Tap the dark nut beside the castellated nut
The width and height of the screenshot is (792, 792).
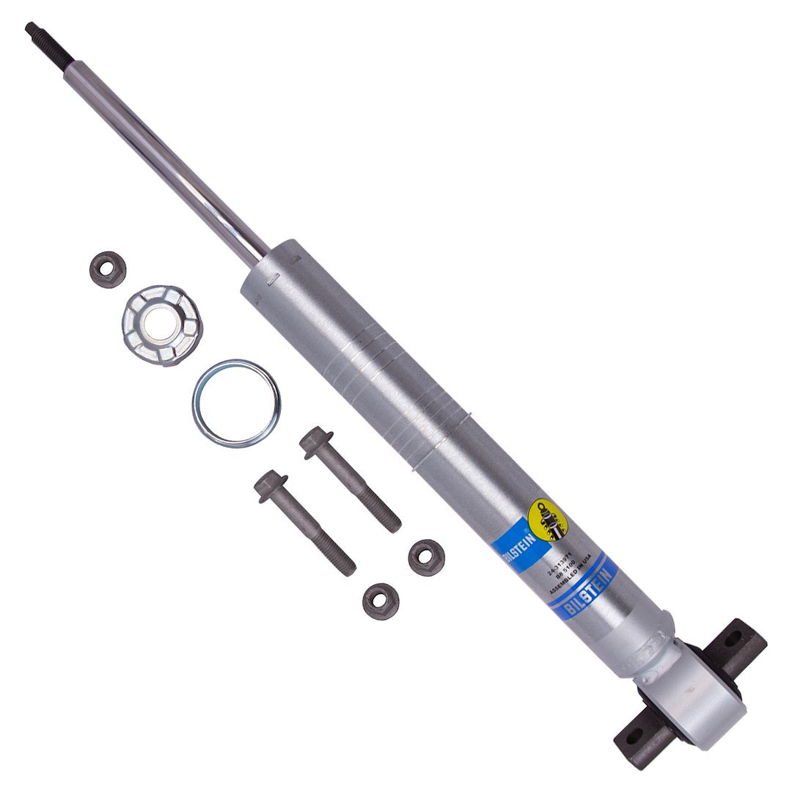pyautogui.click(x=107, y=270)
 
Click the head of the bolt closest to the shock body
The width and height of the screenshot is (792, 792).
pyautogui.click(x=315, y=441)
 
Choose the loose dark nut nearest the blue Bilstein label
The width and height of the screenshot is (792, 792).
pyautogui.click(x=426, y=557)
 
